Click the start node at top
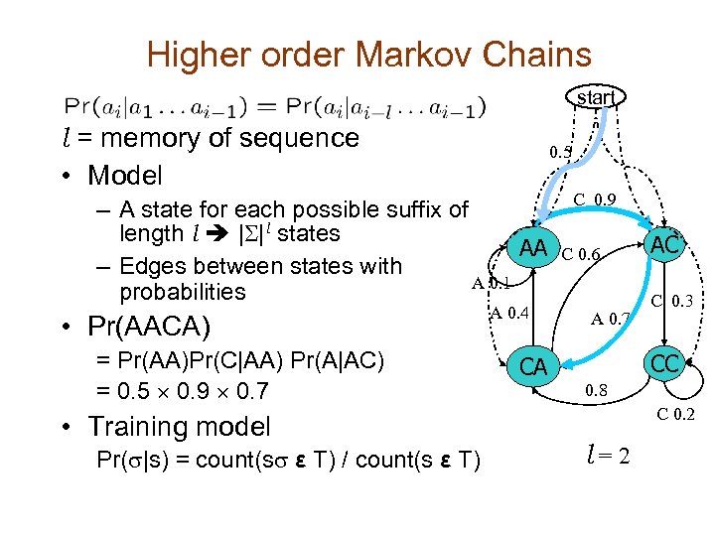click(597, 96)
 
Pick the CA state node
click(533, 366)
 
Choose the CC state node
click(664, 364)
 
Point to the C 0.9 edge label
click(598, 200)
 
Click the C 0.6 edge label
click(583, 254)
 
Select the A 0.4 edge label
click(509, 315)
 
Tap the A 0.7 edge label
click(611, 319)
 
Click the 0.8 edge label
click(597, 391)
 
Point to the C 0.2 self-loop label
click(676, 415)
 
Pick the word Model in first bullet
click(124, 176)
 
